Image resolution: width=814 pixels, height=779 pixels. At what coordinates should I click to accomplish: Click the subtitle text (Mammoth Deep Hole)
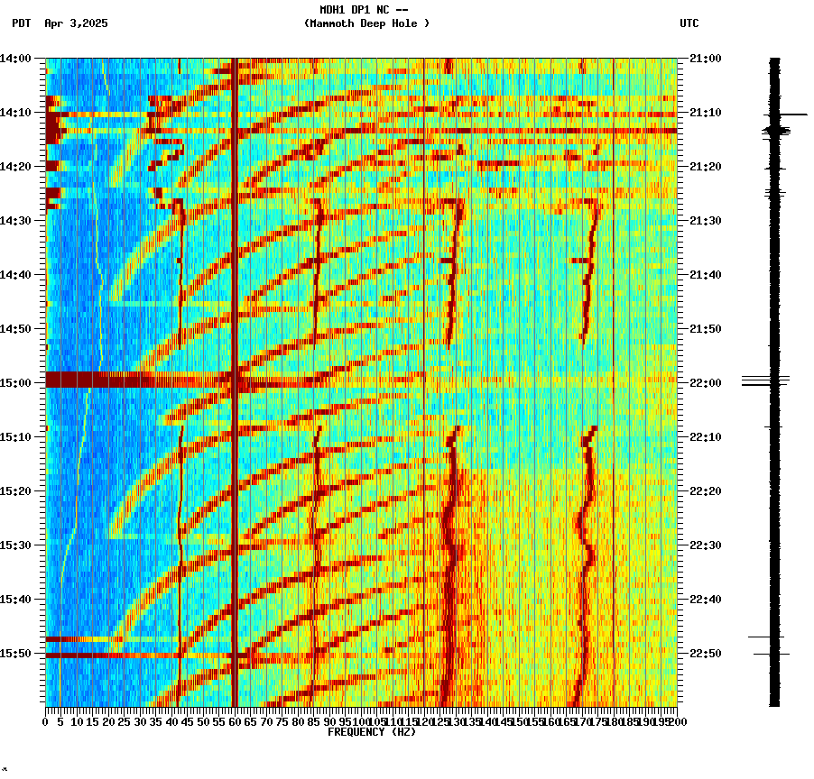tap(366, 23)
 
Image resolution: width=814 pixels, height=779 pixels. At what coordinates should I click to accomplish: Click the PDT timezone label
tap(21, 23)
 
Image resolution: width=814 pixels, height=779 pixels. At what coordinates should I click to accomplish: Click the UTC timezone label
tap(689, 23)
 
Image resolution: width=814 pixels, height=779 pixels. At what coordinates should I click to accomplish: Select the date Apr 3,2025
tap(76, 23)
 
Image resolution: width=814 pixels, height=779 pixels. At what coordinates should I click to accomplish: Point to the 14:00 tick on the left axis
tap(16, 59)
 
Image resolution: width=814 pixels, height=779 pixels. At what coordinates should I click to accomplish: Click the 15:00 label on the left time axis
tap(16, 383)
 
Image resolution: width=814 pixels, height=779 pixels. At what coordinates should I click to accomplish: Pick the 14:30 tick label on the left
tap(16, 221)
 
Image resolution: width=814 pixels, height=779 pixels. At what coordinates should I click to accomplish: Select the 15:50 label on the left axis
tap(16, 654)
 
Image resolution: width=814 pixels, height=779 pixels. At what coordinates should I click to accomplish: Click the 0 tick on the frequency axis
tap(46, 721)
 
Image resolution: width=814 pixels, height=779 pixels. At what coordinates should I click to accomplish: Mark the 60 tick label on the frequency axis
tap(235, 721)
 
